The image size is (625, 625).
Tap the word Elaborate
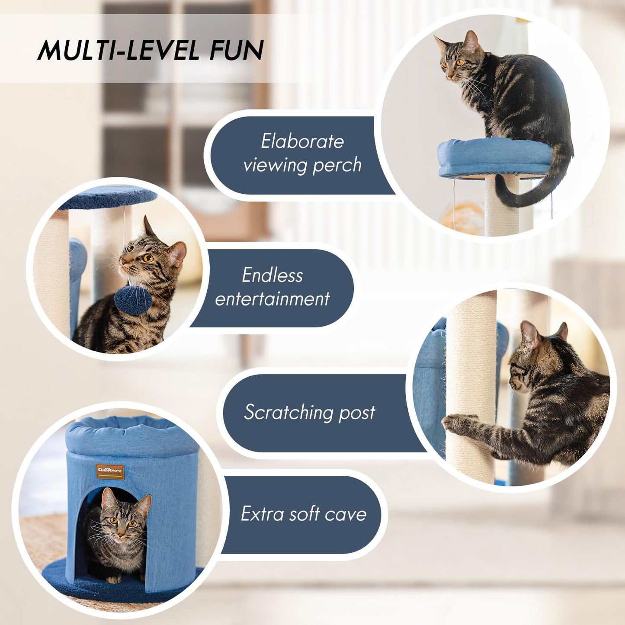[x=302, y=141]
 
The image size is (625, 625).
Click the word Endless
[x=272, y=275]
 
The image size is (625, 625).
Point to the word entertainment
[x=272, y=299]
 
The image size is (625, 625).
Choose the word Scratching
[x=288, y=412]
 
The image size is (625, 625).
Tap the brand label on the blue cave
[x=110, y=471]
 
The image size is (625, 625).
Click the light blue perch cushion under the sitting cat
[x=493, y=158]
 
